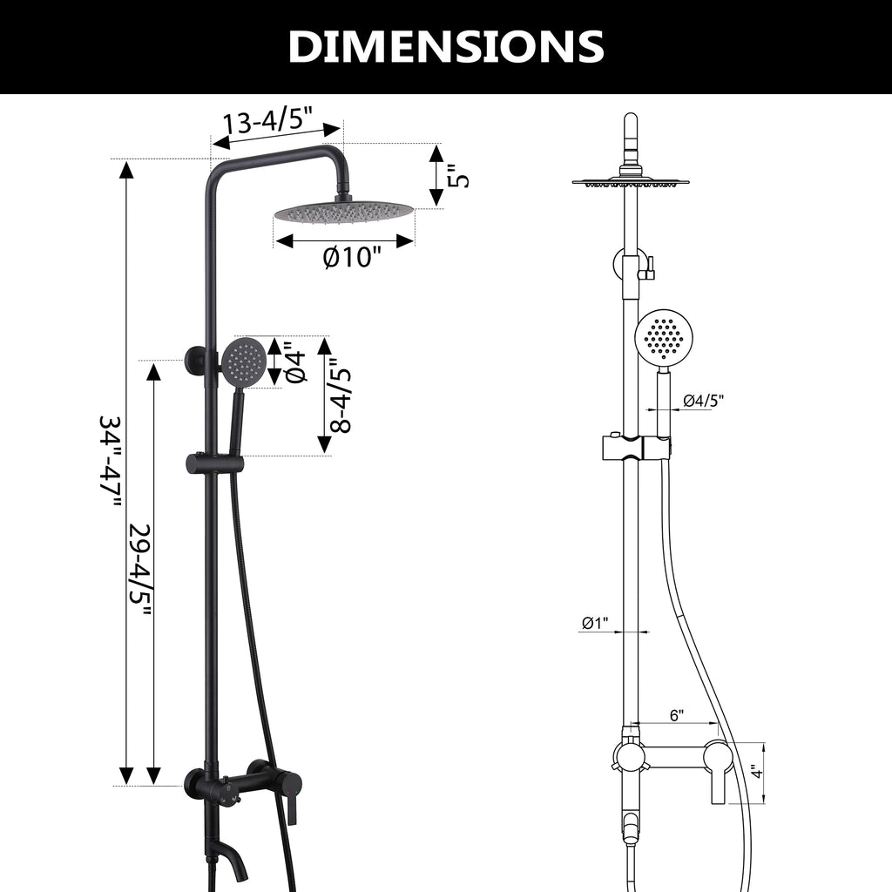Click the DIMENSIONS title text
click(446, 46)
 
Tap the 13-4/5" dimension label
click(268, 122)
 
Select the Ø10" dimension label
click(351, 257)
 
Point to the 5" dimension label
click(458, 176)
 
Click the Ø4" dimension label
click(296, 362)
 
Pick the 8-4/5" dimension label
click(341, 395)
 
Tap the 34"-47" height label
click(110, 462)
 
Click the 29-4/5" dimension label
click(139, 571)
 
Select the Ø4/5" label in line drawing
click(703, 401)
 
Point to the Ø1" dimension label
click(595, 624)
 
